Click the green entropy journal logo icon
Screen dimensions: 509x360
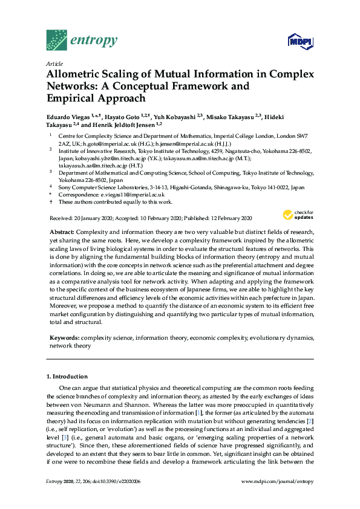57,41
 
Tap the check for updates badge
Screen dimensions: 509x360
297,215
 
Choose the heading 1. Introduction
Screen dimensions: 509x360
67,376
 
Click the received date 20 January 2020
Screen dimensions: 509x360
94,218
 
